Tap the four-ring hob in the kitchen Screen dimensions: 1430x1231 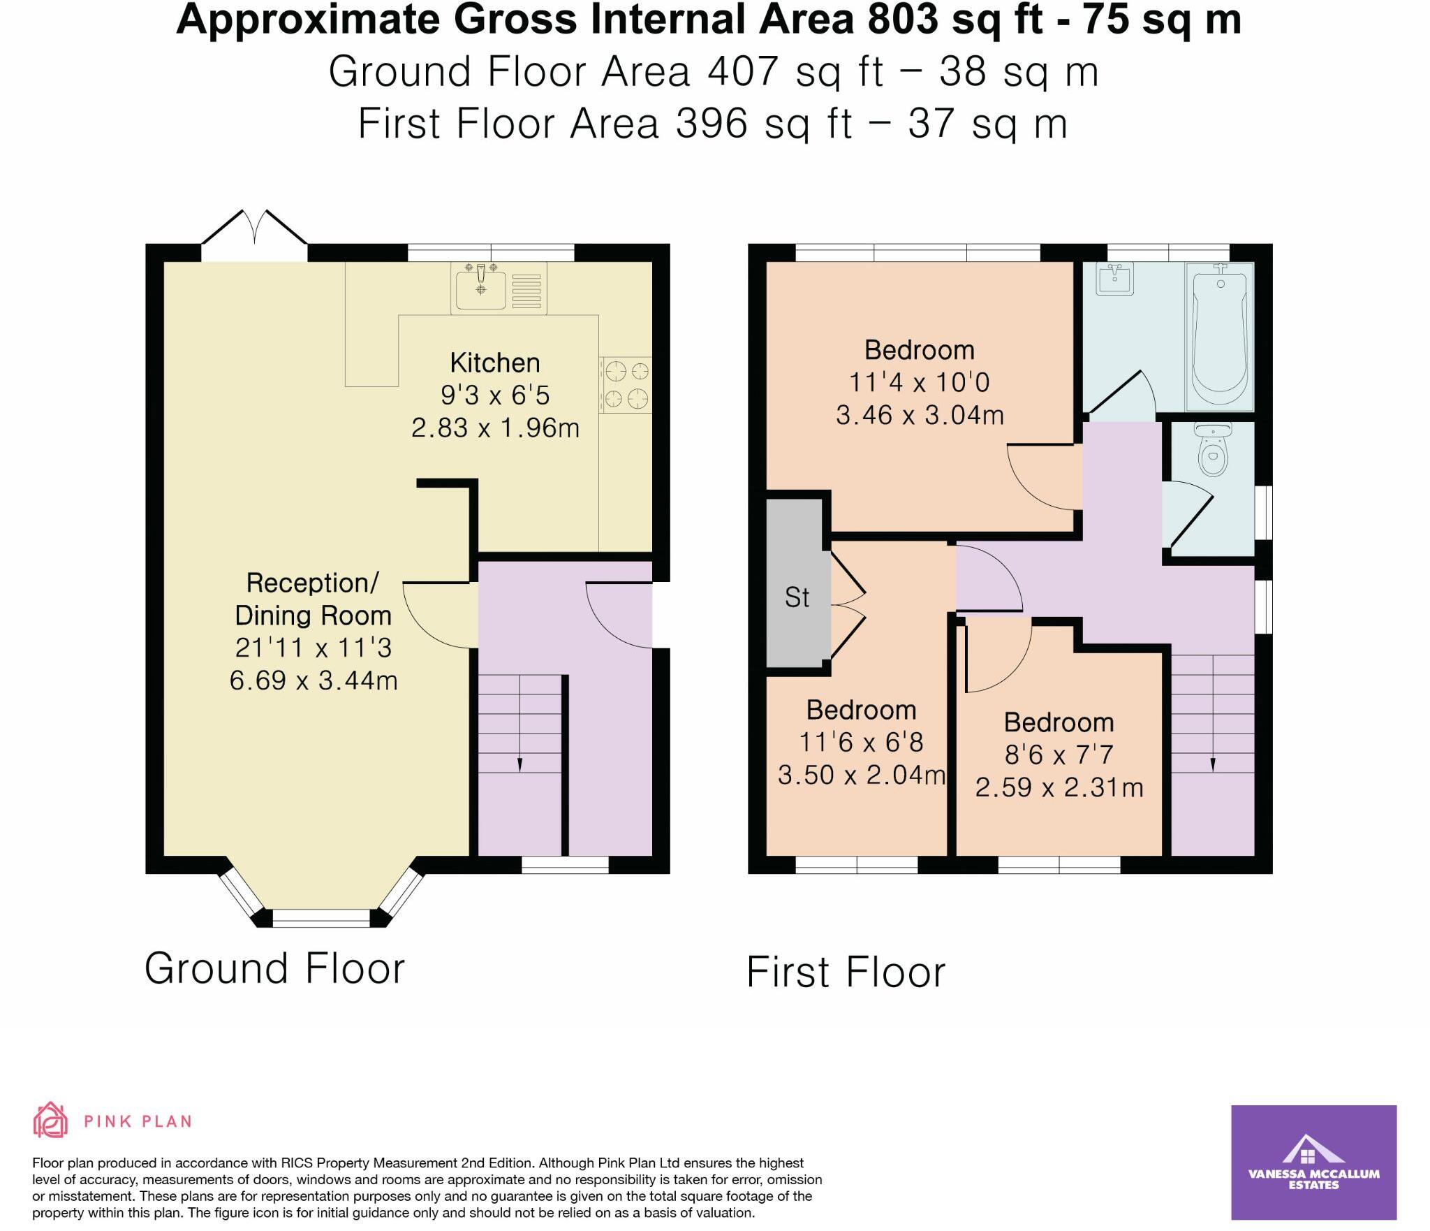coord(625,384)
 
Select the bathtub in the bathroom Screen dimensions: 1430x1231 coord(1220,337)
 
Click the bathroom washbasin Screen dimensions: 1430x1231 coord(1115,279)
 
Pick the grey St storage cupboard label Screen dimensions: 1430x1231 coord(797,598)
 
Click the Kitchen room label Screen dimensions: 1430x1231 coord(495,363)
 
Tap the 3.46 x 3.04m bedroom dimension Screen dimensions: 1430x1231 coord(920,415)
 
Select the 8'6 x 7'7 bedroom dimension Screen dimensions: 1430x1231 coord(1059,755)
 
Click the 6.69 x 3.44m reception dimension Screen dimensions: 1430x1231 coord(314,680)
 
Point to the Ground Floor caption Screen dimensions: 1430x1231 coord(274,968)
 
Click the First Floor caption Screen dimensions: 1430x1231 coord(846,972)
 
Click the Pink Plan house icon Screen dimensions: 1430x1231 coord(50,1121)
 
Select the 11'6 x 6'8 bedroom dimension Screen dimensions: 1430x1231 coord(861,742)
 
